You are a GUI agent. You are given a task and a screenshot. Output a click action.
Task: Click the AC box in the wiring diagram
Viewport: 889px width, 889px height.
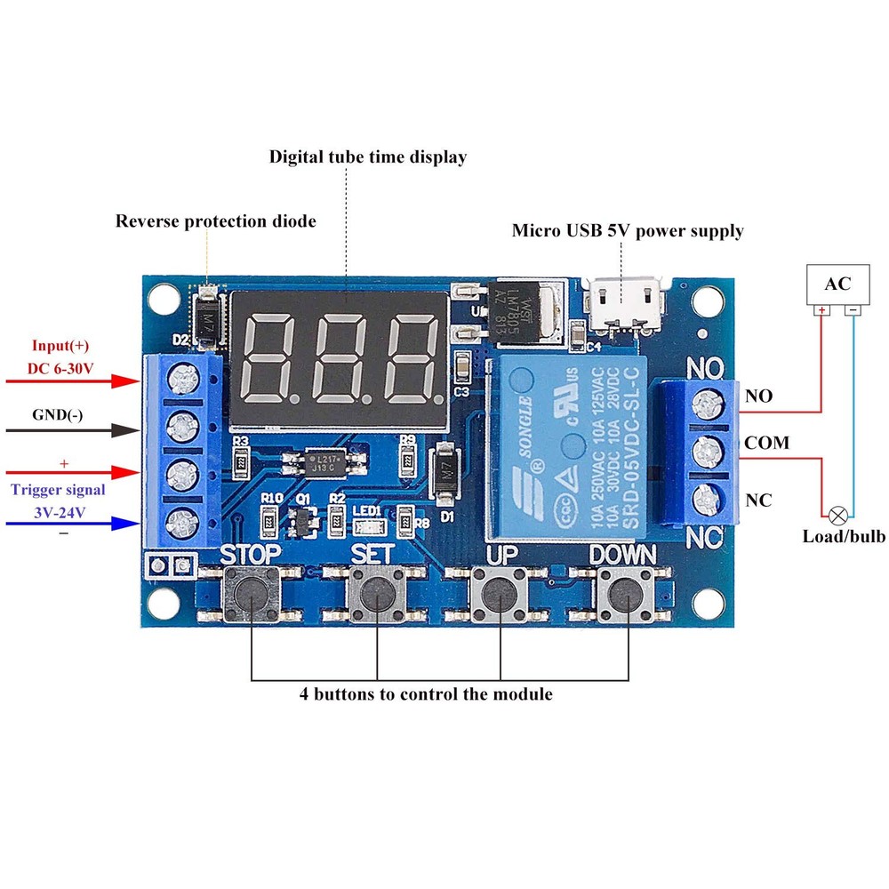click(x=837, y=284)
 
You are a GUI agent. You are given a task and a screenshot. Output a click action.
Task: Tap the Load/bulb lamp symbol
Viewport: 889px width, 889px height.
click(x=837, y=515)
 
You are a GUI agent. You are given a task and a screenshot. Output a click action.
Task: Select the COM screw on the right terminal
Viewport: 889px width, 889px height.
click(x=709, y=451)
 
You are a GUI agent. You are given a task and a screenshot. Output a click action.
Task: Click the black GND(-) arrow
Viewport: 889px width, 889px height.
click(x=71, y=430)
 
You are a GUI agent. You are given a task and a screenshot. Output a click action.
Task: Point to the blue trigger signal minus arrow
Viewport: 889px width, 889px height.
click(x=71, y=524)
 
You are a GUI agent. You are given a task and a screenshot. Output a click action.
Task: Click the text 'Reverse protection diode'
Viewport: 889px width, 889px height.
click(x=216, y=221)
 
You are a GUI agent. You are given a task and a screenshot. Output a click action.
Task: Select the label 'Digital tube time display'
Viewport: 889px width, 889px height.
click(x=368, y=157)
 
